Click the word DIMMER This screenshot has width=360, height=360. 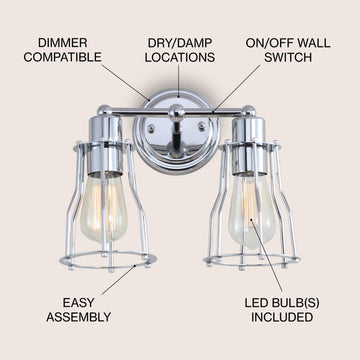pyautogui.click(x=63, y=43)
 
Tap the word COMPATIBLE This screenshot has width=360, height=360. pyautogui.click(x=63, y=57)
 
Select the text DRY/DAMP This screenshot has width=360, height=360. pyautogui.click(x=180, y=43)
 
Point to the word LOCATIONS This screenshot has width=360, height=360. pyautogui.click(x=180, y=57)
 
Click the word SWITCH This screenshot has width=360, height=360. pyautogui.click(x=288, y=57)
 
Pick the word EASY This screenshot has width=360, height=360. pyautogui.click(x=79, y=303)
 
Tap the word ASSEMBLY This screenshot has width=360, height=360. pyautogui.click(x=79, y=317)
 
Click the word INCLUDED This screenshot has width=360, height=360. pyautogui.click(x=282, y=317)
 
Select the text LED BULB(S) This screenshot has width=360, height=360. pyautogui.click(x=282, y=303)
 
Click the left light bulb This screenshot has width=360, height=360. pyautogui.click(x=104, y=207)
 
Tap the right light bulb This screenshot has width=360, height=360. pyautogui.click(x=252, y=211)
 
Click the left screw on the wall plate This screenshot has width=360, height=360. pyautogui.click(x=151, y=128)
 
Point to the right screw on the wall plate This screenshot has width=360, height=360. pyautogui.click(x=202, y=126)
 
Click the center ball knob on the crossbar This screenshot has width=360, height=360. pyautogui.click(x=176, y=113)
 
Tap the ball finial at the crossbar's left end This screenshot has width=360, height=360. pyautogui.click(x=104, y=111)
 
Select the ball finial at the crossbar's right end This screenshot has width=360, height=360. pyautogui.click(x=249, y=111)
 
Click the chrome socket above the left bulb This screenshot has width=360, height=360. pyautogui.click(x=106, y=145)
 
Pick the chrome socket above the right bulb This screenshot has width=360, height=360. pyautogui.click(x=249, y=146)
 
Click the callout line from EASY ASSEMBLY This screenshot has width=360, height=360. pyautogui.click(x=118, y=280)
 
